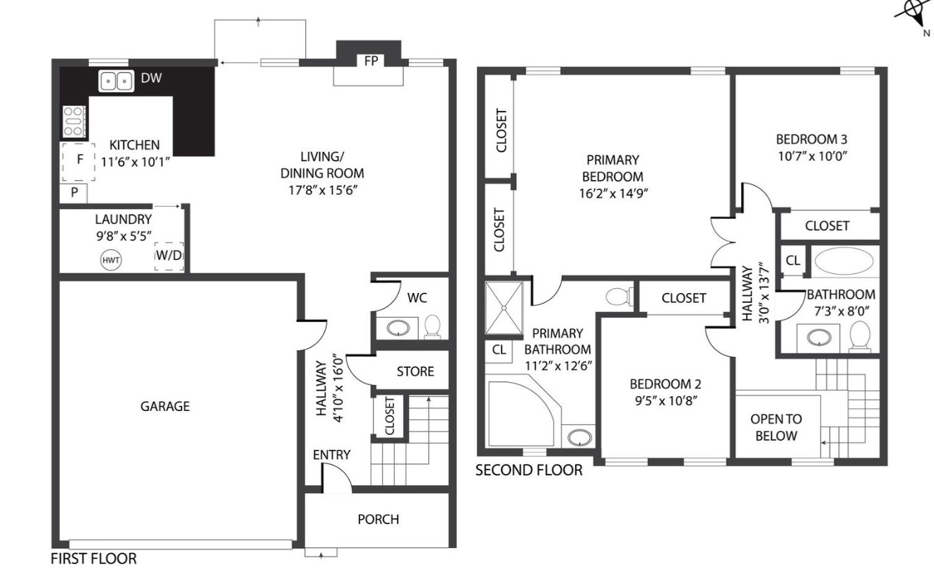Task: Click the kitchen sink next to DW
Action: point(116,81)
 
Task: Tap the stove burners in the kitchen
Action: point(74,121)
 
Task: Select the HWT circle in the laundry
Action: point(111,261)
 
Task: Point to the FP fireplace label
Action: point(370,61)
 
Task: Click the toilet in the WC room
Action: point(432,326)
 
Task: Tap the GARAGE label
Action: point(165,406)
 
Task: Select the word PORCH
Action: point(378,519)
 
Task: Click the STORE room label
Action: point(415,371)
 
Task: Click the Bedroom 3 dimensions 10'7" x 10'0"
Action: point(811,155)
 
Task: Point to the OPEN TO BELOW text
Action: point(776,427)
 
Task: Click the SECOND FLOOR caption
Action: point(528,470)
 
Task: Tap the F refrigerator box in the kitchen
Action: point(80,160)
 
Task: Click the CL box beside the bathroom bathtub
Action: point(793,260)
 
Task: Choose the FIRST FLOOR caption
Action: point(94,559)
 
